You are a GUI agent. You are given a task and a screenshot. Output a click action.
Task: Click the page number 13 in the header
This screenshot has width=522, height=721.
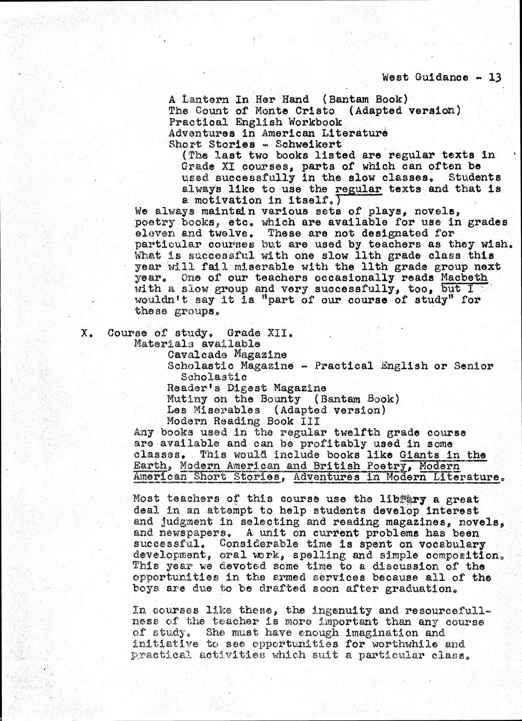pos(495,77)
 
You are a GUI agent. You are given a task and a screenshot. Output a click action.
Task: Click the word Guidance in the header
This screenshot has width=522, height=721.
pos(442,77)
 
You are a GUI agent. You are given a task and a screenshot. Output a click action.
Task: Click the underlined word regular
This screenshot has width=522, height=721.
pos(358,189)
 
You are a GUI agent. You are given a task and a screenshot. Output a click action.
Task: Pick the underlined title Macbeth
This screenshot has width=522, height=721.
pos(464,277)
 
